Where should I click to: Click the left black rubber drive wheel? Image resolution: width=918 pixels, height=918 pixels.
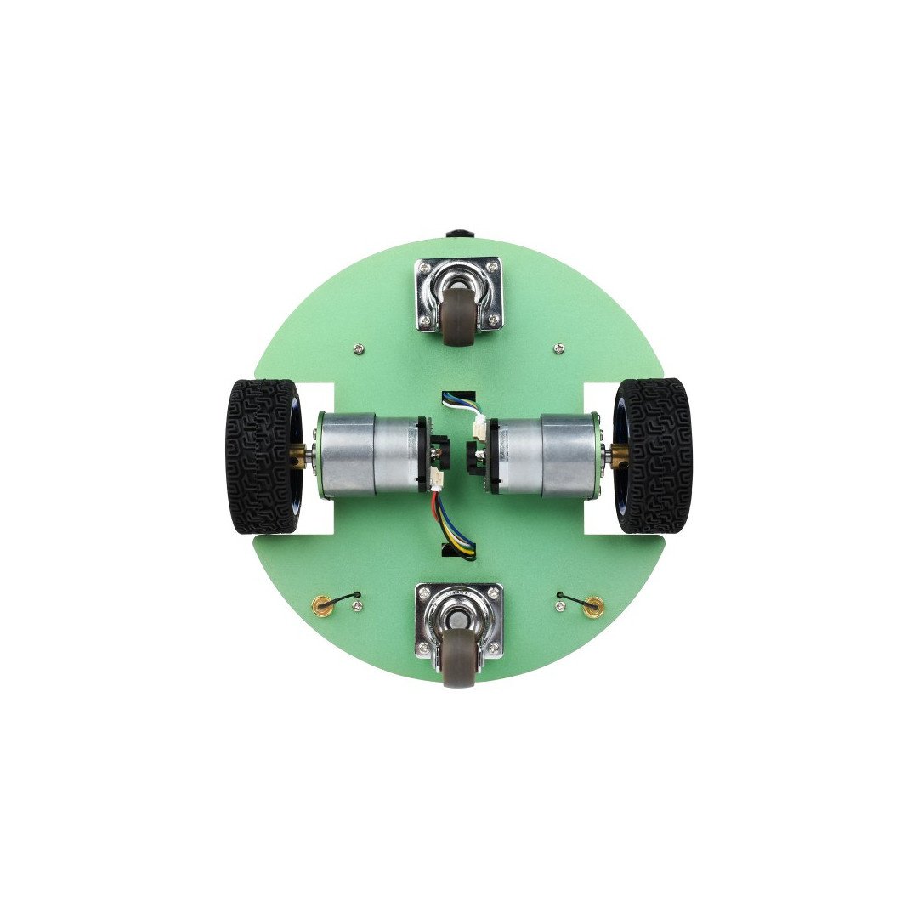tap(262, 456)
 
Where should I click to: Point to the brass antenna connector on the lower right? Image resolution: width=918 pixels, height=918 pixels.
tap(595, 604)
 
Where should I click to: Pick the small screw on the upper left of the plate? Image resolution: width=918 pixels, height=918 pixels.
tap(358, 348)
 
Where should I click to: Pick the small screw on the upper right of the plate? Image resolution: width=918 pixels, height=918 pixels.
tap(558, 348)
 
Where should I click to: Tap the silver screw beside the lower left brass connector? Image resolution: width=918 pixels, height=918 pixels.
tap(358, 606)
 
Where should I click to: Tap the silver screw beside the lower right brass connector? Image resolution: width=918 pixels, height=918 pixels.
tap(559, 606)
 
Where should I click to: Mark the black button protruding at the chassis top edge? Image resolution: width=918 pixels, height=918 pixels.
tap(458, 232)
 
